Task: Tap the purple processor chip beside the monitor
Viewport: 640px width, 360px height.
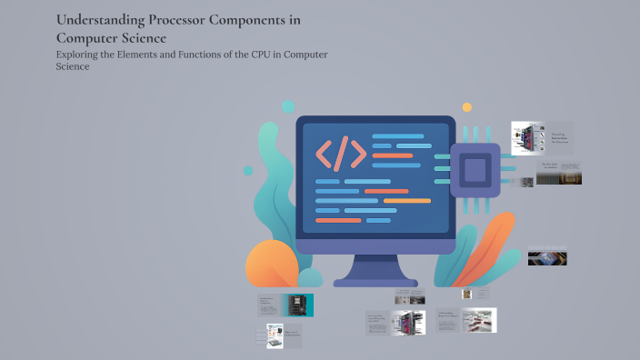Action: [x=475, y=168]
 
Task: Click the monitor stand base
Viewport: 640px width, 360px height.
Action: [x=375, y=281]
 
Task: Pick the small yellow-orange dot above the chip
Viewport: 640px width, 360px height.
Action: [x=467, y=107]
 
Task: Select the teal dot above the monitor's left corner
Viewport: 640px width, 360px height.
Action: [x=288, y=107]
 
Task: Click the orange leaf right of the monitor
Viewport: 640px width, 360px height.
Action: [x=492, y=250]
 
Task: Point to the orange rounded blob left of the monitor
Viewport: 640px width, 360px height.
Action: [x=272, y=265]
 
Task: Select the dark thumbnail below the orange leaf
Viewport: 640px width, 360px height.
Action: [x=547, y=258]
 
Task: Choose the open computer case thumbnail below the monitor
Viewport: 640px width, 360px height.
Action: [x=407, y=322]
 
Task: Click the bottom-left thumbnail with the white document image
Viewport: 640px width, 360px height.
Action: [x=275, y=335]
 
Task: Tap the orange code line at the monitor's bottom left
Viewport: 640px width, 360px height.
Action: [x=337, y=220]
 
